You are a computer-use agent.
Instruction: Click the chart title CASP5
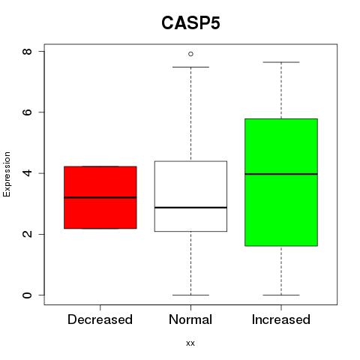[x=190, y=23]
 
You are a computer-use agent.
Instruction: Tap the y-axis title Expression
[x=7, y=174]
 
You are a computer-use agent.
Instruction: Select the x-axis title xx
[x=190, y=343]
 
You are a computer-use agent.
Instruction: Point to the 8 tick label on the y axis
[x=27, y=52]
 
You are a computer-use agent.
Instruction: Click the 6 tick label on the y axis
[x=27, y=112]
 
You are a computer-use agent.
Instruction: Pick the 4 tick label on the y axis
[x=27, y=173]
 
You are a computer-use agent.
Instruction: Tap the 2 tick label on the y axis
[x=27, y=234]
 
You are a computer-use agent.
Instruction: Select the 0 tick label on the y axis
[x=27, y=295]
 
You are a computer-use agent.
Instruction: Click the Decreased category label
[x=100, y=319]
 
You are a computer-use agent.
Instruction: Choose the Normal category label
[x=190, y=319]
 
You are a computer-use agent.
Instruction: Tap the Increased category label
[x=281, y=319]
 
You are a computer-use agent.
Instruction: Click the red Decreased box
[x=100, y=197]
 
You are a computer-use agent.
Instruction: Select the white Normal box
[x=190, y=196]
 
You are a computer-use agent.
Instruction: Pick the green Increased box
[x=281, y=182]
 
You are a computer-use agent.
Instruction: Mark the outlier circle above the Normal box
[x=190, y=54]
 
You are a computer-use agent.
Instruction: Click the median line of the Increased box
[x=281, y=174]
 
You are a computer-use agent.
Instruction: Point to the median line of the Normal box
[x=190, y=208]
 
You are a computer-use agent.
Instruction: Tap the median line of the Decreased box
[x=100, y=197]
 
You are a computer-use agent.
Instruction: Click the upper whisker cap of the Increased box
[x=281, y=62]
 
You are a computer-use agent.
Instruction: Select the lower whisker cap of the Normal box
[x=190, y=295]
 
